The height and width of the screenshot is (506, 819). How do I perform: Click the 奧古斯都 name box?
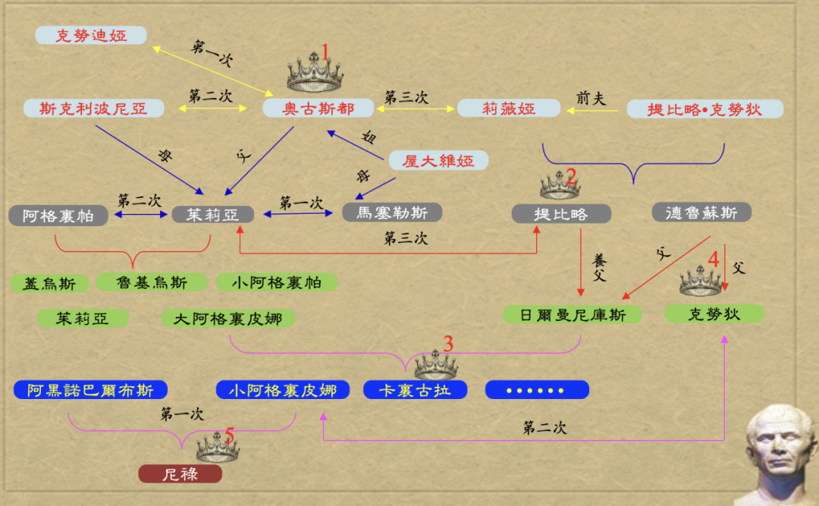(318, 108)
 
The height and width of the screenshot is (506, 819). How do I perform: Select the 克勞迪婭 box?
(90, 35)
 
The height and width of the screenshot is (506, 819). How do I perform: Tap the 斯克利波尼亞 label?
(94, 108)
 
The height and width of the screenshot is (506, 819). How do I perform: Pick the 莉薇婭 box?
(509, 108)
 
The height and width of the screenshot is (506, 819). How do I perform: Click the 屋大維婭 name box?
(438, 161)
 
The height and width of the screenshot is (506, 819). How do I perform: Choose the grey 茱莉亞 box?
(212, 215)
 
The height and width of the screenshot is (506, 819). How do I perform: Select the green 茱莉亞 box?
(83, 319)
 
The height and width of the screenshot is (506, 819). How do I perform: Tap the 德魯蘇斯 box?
(701, 212)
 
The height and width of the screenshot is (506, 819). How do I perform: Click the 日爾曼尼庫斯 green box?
(573, 314)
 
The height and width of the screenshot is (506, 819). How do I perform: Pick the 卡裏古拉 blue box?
(415, 390)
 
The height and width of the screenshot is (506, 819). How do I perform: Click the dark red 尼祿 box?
(180, 475)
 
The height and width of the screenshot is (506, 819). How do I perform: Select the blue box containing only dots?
(537, 390)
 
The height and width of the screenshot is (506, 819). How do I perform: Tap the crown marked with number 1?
(314, 74)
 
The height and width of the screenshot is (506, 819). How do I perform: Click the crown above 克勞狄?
(701, 282)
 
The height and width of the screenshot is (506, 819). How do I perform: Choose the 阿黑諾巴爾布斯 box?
(90, 390)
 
